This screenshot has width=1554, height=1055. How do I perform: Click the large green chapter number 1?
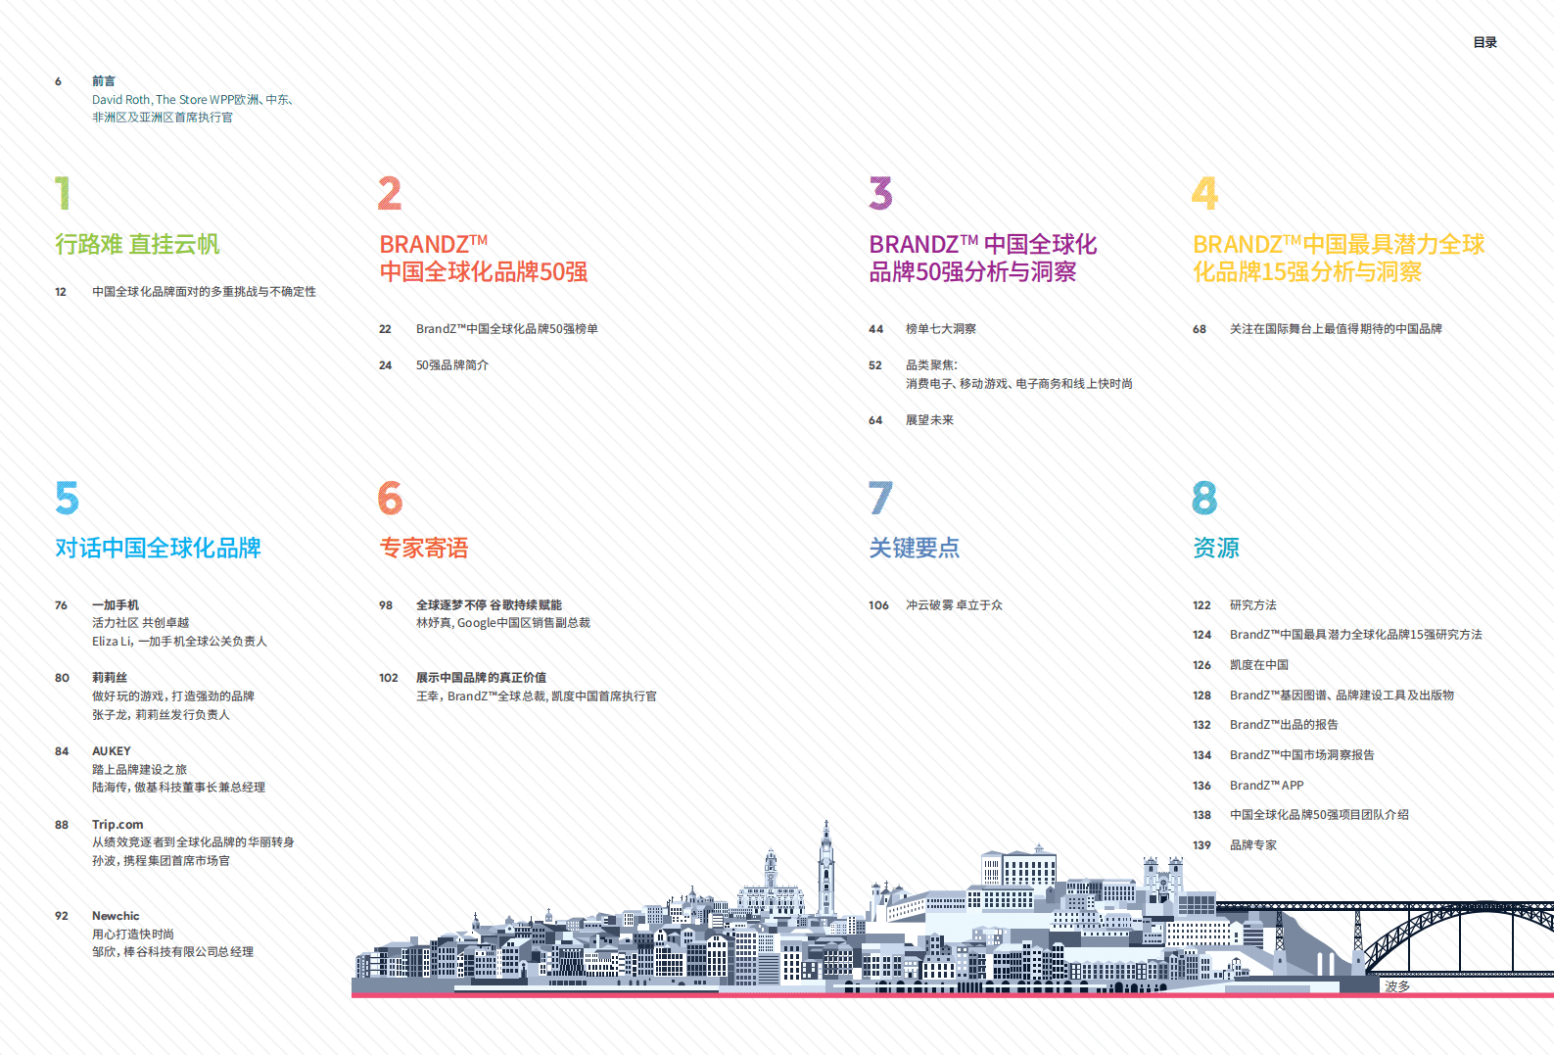tap(63, 193)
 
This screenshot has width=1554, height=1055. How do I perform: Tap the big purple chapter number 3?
tap(880, 193)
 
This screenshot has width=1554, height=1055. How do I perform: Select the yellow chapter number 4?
tap(1204, 193)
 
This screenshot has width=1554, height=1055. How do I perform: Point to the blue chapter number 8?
tap(1204, 498)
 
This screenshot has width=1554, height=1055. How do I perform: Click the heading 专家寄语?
tap(424, 548)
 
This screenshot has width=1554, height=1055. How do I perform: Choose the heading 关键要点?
tap(915, 548)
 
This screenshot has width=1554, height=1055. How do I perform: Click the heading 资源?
tap(1216, 548)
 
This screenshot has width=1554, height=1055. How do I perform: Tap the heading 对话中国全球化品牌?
tap(158, 548)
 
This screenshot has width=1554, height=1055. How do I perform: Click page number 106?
tap(878, 605)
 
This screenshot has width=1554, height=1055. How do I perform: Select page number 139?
tap(1201, 845)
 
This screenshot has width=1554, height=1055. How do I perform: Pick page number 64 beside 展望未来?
tap(875, 420)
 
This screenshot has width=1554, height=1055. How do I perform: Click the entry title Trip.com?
tap(118, 825)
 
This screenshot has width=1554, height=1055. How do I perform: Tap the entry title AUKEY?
tap(112, 751)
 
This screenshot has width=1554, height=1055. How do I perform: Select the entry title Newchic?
tap(116, 916)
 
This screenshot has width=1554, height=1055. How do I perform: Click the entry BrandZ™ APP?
tap(1266, 786)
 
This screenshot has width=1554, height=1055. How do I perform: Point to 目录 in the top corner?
tap(1484, 42)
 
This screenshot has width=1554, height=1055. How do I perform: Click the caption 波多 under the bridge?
tap(1397, 986)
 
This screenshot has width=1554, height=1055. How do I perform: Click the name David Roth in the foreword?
tap(120, 99)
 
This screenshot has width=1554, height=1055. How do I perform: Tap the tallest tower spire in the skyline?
tap(826, 833)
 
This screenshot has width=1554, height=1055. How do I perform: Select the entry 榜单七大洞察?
tap(940, 329)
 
